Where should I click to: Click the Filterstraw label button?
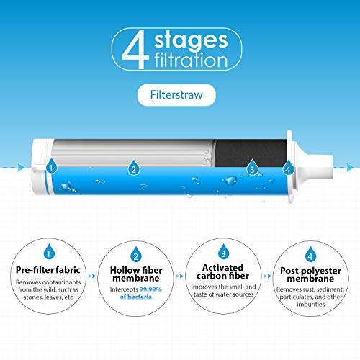click(x=179, y=93)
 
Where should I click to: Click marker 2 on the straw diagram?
click(x=133, y=169)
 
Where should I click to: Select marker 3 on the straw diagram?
click(x=252, y=169)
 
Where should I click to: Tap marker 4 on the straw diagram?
click(x=288, y=169)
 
